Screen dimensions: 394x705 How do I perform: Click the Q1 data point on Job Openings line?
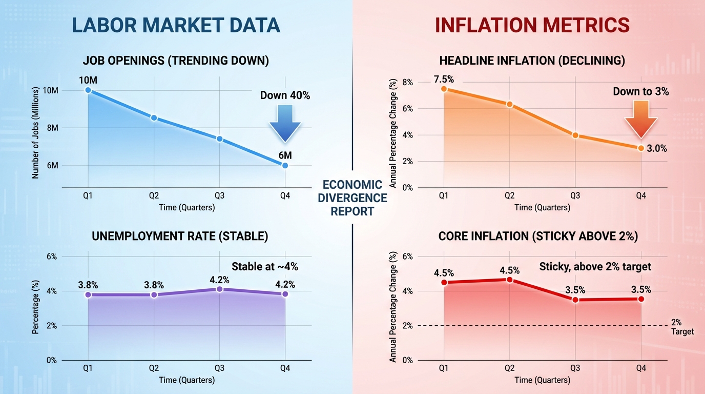[x=88, y=90]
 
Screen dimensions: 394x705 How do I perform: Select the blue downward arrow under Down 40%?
[x=285, y=123]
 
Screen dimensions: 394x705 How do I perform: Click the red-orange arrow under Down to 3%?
[x=640, y=119]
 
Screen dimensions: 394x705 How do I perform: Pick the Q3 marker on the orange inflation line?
[x=575, y=135]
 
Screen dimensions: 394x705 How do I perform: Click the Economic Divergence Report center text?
[x=352, y=198]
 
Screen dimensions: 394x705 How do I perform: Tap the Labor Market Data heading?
[x=176, y=25]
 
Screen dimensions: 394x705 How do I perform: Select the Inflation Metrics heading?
[x=532, y=25]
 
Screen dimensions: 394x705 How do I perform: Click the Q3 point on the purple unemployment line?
[x=219, y=289]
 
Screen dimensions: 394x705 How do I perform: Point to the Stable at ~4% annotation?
[x=264, y=266]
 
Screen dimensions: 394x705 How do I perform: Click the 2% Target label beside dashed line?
[x=681, y=327]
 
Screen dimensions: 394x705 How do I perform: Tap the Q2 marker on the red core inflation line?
[x=509, y=280]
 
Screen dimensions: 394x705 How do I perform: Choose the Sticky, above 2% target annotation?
[x=595, y=266]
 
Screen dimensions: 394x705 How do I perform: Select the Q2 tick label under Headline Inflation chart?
[x=509, y=196]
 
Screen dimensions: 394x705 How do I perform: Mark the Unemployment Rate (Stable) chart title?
[x=179, y=237]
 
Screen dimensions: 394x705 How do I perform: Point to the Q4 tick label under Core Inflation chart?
[x=641, y=368]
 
